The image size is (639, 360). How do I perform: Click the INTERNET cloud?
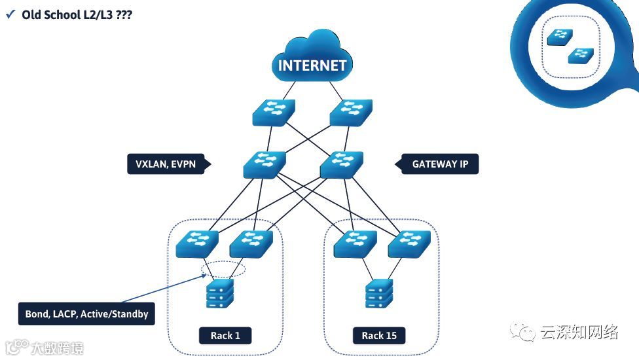tap(312, 56)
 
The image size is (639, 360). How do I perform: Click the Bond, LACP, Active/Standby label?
tap(86, 314)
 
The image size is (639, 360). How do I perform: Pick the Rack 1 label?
tap(225, 336)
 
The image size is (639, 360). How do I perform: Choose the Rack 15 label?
tap(379, 336)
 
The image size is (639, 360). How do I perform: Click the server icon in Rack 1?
tap(220, 293)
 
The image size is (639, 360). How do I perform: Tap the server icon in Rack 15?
tap(380, 293)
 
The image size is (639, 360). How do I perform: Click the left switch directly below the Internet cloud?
tap(274, 113)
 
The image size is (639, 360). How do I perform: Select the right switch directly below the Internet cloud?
tap(351, 113)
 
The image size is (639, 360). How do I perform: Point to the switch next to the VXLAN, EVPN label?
tap(265, 165)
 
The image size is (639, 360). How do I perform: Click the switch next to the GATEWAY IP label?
tap(342, 165)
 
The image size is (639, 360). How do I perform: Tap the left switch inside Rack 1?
tap(197, 244)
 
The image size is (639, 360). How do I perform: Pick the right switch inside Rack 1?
tap(251, 244)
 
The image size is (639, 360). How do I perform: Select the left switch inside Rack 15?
tap(356, 244)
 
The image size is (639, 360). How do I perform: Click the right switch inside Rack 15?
tap(410, 244)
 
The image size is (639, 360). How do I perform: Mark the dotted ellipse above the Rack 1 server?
tap(223, 269)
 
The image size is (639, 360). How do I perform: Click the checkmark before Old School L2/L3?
tap(10, 14)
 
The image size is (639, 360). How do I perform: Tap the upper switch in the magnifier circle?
tap(560, 37)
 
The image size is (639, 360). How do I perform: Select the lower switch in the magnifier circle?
tap(581, 56)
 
